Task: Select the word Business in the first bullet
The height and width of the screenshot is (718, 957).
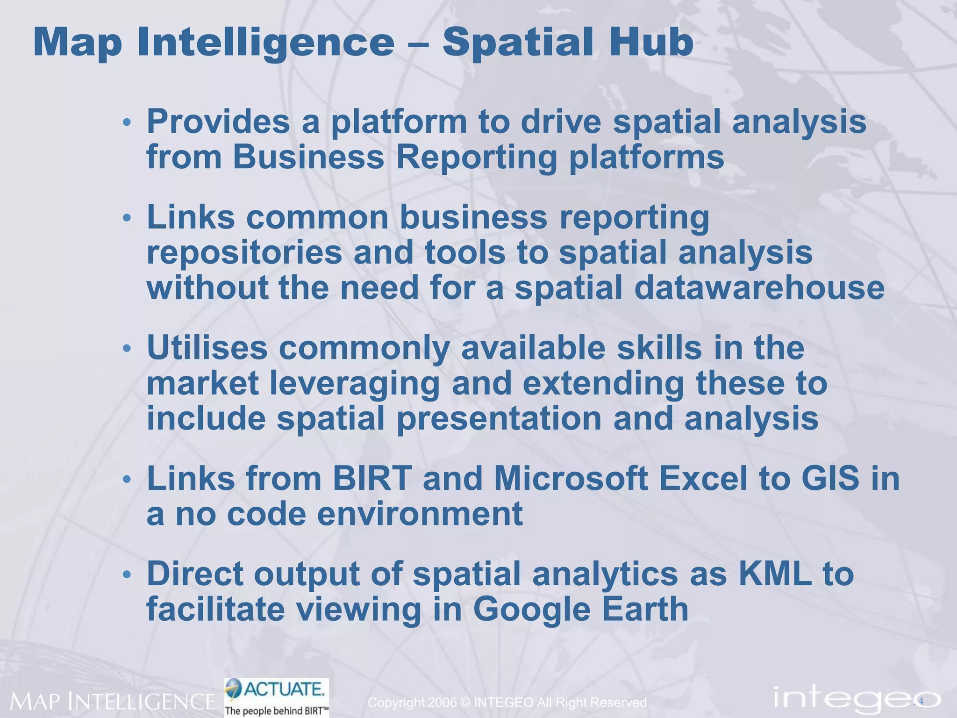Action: pos(308,157)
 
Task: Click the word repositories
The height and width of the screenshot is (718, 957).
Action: pos(244,253)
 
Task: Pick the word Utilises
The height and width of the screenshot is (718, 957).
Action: pos(207,348)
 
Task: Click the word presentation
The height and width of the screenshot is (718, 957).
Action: pos(499,418)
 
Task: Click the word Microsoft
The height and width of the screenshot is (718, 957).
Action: pos(571,479)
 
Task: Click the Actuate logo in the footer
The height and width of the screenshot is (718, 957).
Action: pos(277,696)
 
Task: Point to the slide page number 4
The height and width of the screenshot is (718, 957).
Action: pos(921,701)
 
